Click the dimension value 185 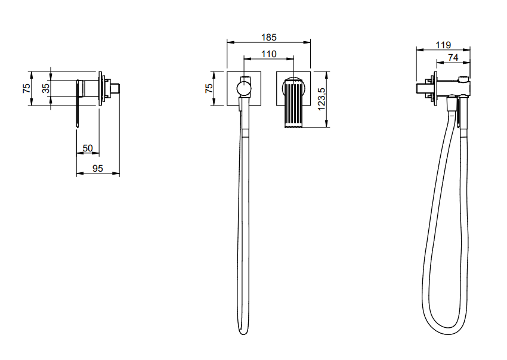(268, 38)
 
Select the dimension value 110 (268, 54)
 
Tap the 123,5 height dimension (321, 99)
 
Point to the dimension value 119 (443, 45)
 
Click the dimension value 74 (453, 58)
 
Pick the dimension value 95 (98, 168)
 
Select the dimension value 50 (88, 148)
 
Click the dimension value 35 (46, 88)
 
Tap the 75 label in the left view (26, 88)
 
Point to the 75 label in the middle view (209, 88)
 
